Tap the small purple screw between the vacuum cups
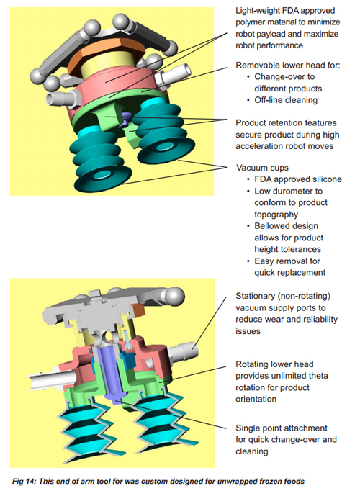pyautogui.click(x=127, y=117)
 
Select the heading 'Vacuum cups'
pyautogui.click(x=262, y=168)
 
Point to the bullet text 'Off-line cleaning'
pyautogui.click(x=286, y=100)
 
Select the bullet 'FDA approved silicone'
pyautogui.click(x=298, y=179)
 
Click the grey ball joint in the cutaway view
pyautogui.click(x=174, y=296)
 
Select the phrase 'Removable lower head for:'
pyautogui.click(x=288, y=65)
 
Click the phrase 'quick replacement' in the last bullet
pyautogui.click(x=290, y=273)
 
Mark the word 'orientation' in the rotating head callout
pyautogui.click(x=256, y=400)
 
